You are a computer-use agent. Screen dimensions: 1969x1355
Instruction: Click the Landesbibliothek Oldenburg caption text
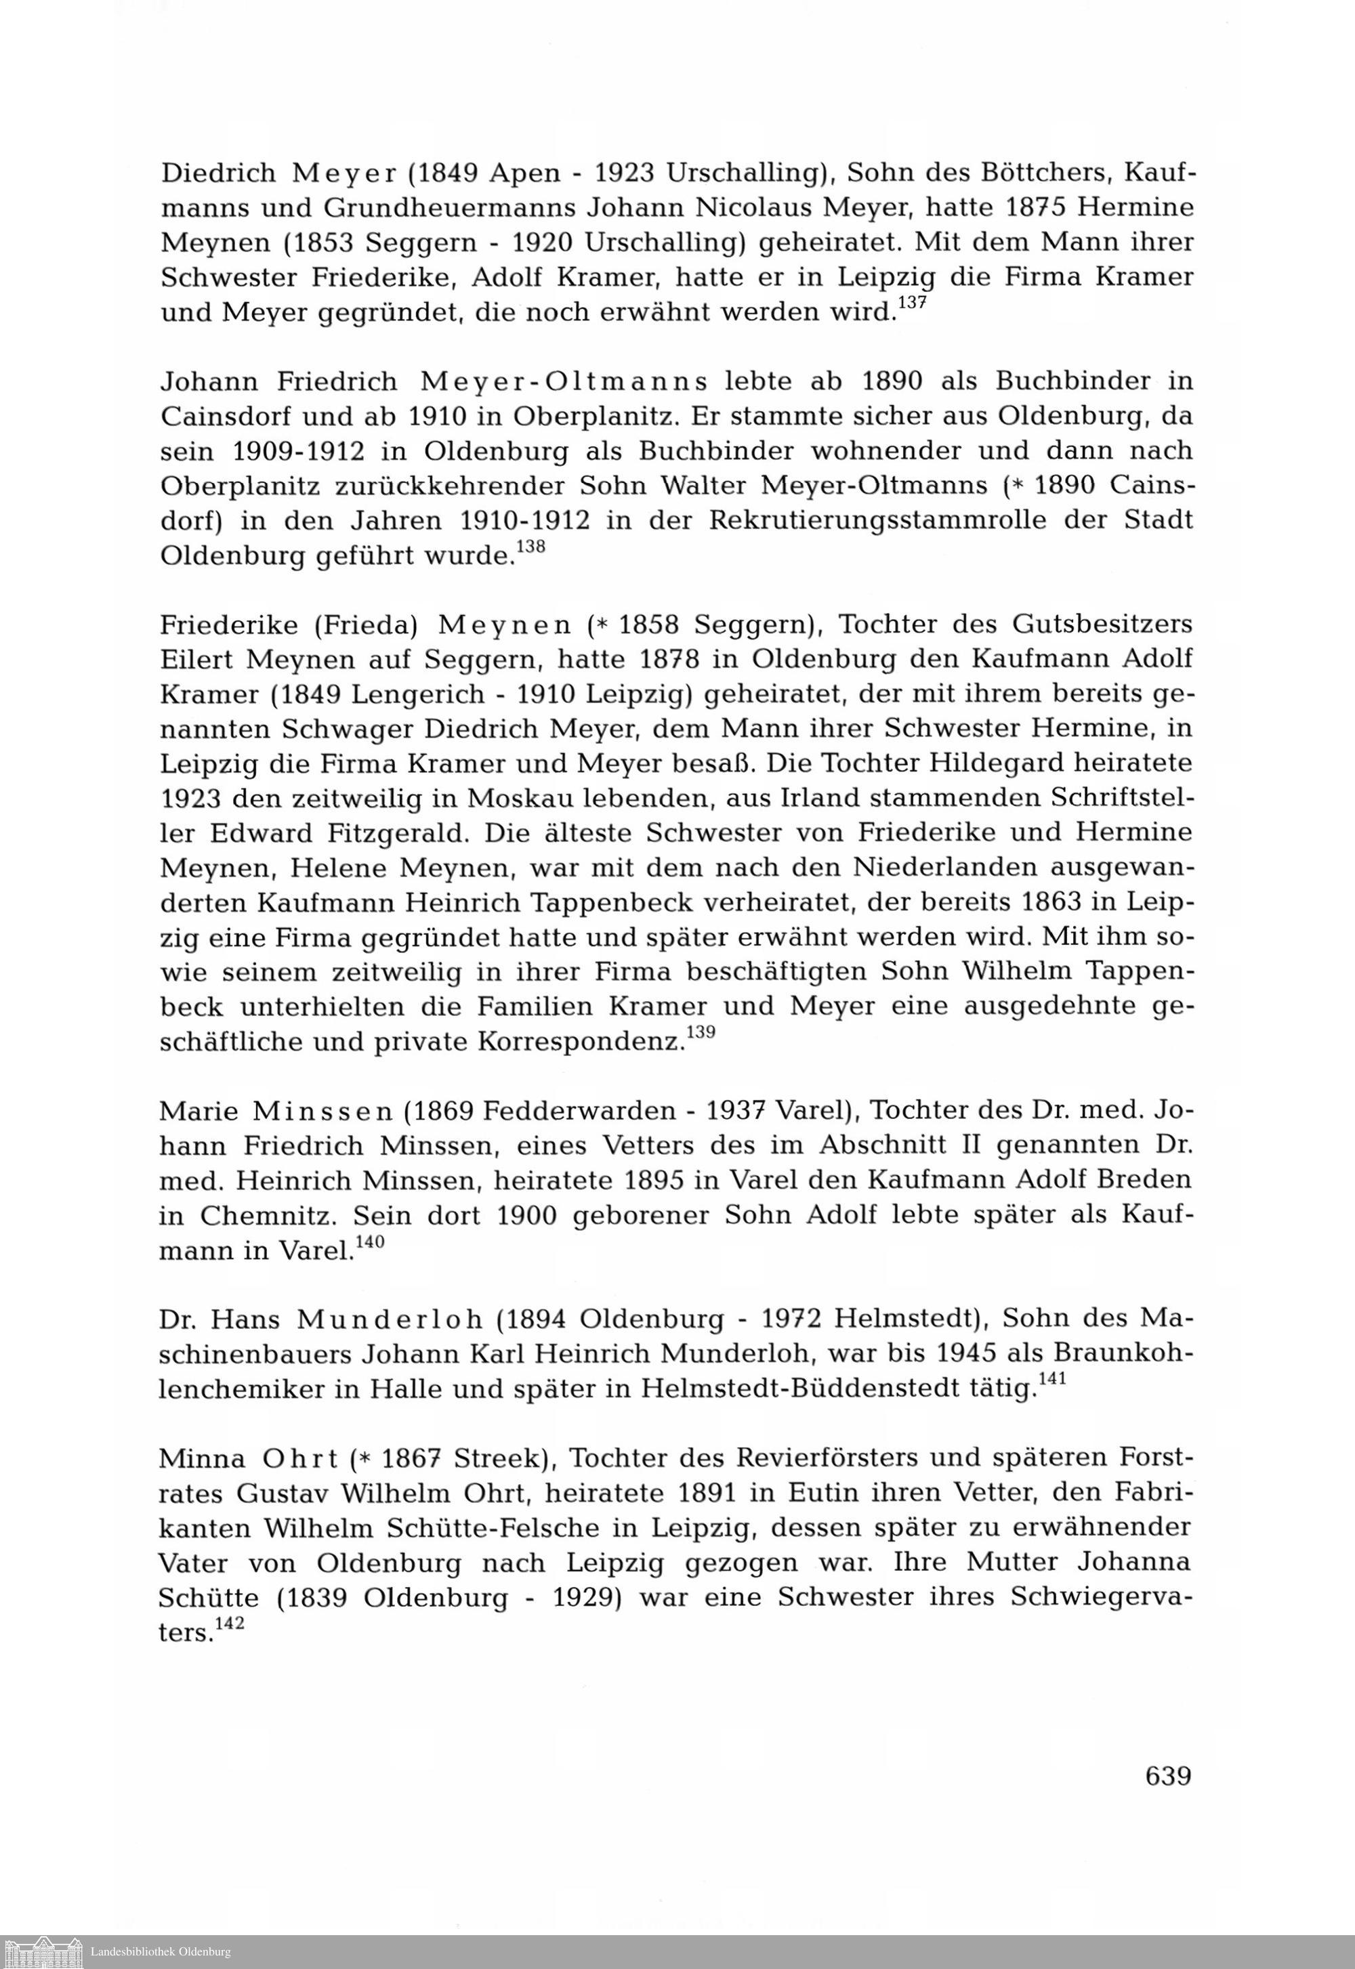(161, 1952)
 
